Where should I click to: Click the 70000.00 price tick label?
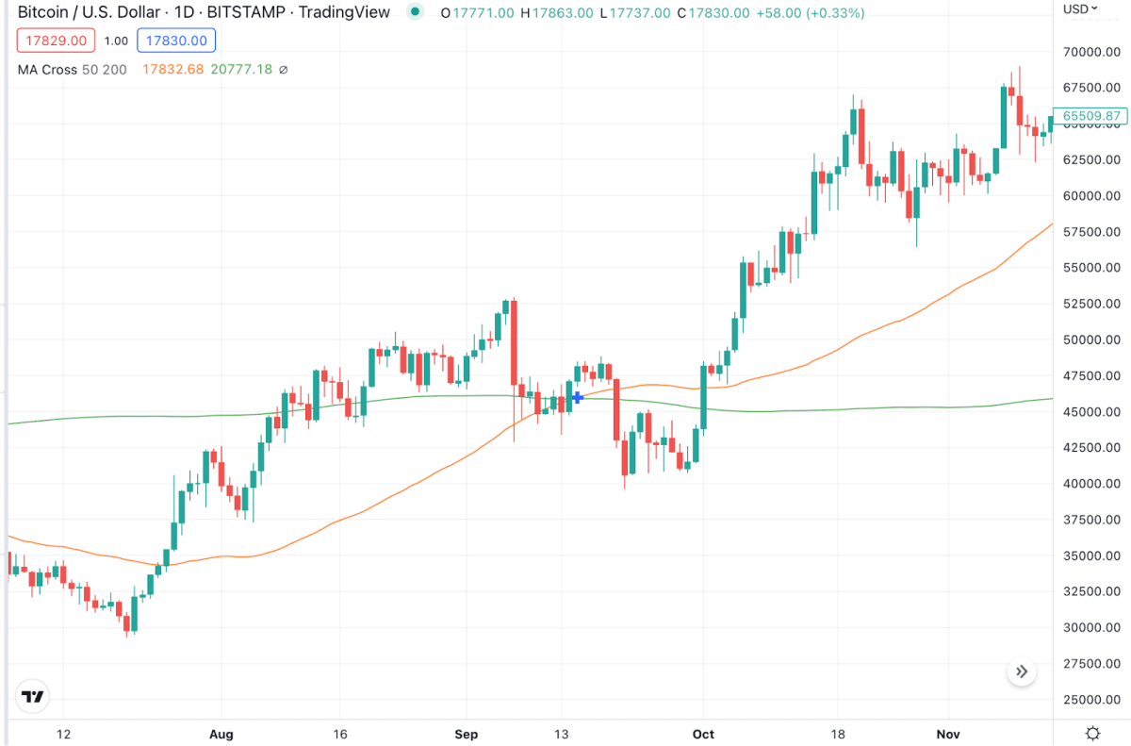[x=1094, y=52]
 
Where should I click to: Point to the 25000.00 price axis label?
[x=1094, y=700]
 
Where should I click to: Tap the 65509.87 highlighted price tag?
[x=1091, y=116]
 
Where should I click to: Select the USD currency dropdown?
[x=1080, y=9]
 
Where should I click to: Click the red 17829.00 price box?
[x=54, y=41]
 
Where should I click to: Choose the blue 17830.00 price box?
[x=176, y=41]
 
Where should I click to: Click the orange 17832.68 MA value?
[x=172, y=69]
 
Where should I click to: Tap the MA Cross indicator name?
[x=47, y=69]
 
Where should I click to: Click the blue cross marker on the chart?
[x=578, y=397]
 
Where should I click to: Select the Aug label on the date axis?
[x=221, y=734]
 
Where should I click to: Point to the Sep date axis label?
[x=467, y=734]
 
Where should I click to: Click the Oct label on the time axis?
[x=702, y=734]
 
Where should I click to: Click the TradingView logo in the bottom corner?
[x=33, y=698]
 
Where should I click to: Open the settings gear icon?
[x=1093, y=733]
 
